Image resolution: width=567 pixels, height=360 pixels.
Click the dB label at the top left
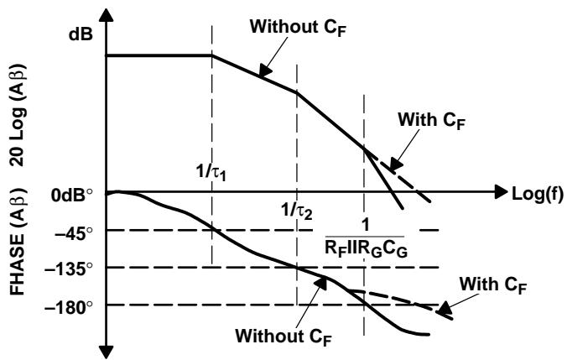coord(81,34)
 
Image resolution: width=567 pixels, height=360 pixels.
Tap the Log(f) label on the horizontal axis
coord(538,194)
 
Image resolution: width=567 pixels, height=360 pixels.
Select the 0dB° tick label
coord(72,196)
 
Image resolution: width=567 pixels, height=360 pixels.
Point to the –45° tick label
coord(74,234)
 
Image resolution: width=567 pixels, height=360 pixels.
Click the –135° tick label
coord(69,269)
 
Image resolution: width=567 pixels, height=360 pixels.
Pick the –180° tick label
coord(69,308)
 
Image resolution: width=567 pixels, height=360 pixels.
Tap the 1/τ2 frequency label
coord(297,211)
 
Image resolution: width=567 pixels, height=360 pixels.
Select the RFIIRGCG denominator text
coord(366,249)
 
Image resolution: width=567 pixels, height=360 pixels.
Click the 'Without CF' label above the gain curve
coord(298,28)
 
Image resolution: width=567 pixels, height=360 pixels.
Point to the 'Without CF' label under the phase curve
coord(283,337)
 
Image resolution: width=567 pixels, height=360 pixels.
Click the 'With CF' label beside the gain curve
coord(431,120)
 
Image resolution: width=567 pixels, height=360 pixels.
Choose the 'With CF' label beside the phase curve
coord(493,285)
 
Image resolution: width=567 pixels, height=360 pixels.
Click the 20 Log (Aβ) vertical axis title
coord(18,115)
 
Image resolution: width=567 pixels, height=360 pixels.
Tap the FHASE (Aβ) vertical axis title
coord(17,242)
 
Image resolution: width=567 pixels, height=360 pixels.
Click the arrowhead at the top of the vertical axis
coord(106,14)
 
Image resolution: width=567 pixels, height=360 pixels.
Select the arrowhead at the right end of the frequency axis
coord(501,192)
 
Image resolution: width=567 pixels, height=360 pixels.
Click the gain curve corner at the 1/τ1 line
coord(212,55)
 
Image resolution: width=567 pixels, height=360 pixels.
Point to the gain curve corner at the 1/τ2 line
coord(297,92)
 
